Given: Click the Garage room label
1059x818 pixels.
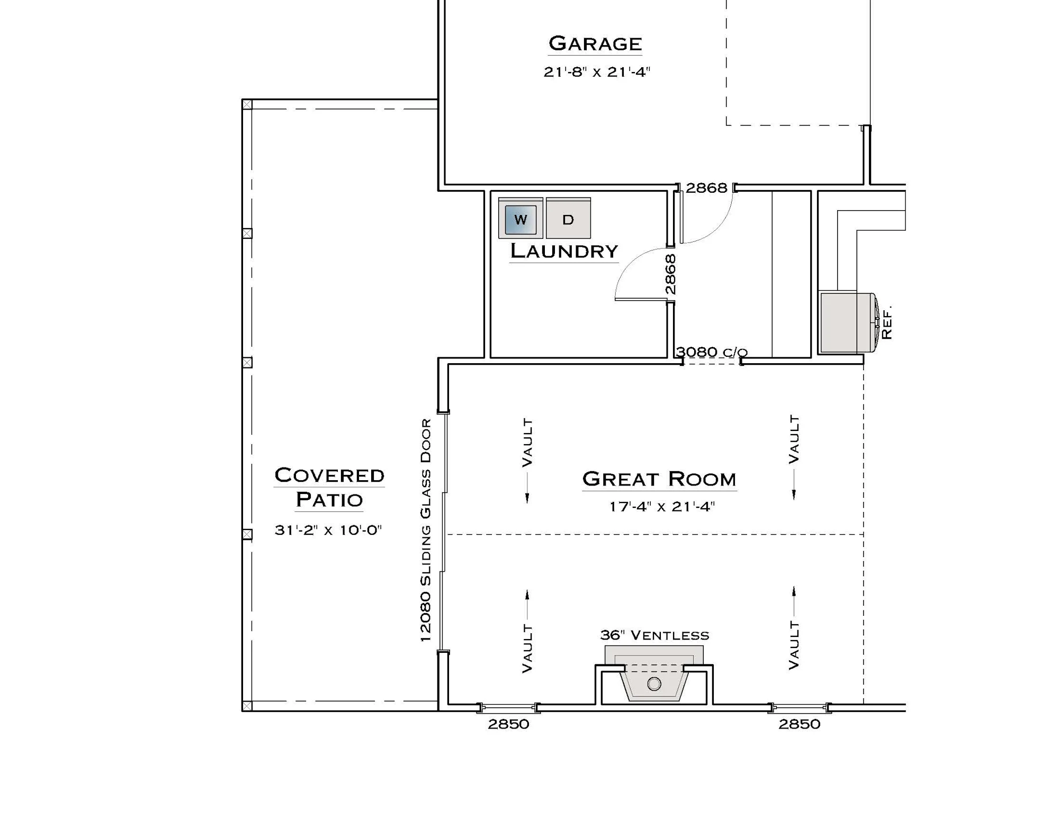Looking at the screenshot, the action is click(595, 43).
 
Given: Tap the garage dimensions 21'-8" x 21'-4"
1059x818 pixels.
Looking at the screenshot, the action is click(597, 72).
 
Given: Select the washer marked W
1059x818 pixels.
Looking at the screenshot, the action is click(520, 219).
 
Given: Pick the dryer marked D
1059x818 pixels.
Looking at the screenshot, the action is click(568, 219).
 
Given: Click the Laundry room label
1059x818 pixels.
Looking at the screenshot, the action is click(564, 251).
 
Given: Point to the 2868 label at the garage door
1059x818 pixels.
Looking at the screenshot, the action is click(706, 188).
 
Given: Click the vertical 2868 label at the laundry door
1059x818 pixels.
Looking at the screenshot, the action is click(670, 274).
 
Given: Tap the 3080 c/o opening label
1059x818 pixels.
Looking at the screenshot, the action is click(712, 352).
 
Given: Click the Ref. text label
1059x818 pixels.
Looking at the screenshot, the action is click(887, 322).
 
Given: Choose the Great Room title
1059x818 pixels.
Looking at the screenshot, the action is click(659, 479).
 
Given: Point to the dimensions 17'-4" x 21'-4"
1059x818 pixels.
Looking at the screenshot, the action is click(662, 507).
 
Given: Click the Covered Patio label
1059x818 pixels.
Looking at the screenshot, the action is click(329, 487).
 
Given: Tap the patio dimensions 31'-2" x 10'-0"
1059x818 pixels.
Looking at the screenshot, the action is click(328, 530).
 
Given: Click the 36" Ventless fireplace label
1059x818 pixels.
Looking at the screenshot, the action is click(654, 635).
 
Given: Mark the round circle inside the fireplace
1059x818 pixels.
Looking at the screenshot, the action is click(654, 684).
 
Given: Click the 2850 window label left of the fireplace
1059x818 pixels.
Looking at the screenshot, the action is click(508, 724).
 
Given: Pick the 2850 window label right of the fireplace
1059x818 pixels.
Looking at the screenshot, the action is click(800, 724).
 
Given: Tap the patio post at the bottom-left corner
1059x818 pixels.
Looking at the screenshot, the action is click(247, 706).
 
